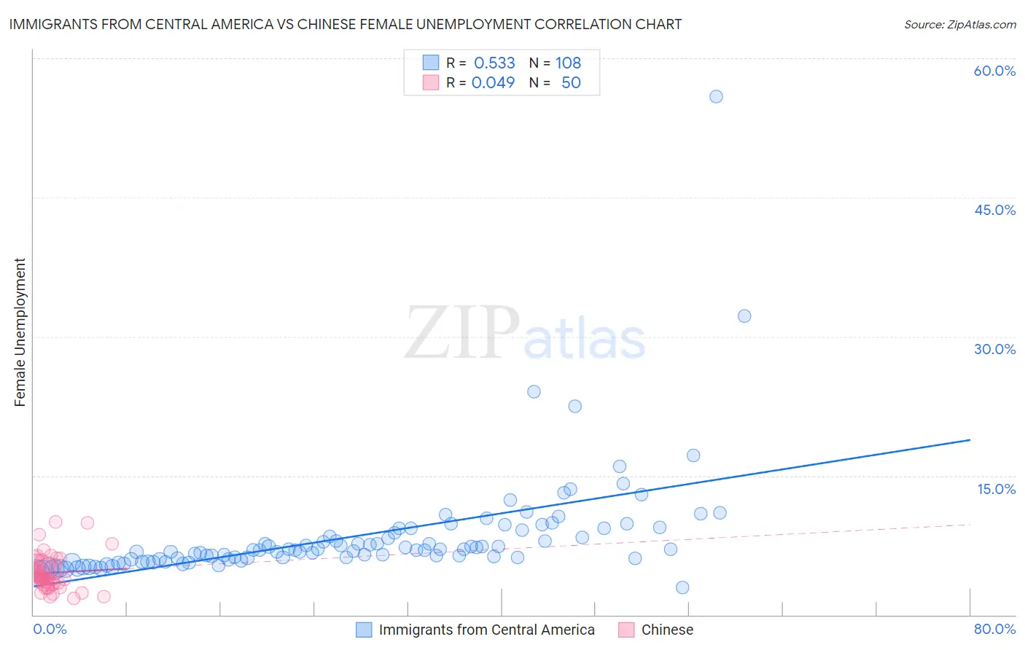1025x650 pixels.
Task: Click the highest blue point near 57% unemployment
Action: (716, 96)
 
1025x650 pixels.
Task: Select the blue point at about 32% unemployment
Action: (744, 316)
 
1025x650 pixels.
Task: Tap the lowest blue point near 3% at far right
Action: (682, 587)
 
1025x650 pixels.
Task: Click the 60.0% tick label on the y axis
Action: (994, 71)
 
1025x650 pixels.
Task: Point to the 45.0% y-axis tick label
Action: (994, 210)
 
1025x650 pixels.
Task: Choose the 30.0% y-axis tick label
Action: (994, 349)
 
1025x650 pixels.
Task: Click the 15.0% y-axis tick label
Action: (996, 489)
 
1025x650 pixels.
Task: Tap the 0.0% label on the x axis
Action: (50, 629)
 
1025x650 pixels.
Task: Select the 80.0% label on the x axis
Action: (994, 629)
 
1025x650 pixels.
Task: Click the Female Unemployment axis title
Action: (20, 332)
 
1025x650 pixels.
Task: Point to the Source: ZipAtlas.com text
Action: (959, 24)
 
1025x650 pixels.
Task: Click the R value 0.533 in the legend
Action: (494, 63)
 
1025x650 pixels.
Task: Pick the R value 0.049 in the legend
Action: (493, 82)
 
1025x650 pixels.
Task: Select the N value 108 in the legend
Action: (568, 63)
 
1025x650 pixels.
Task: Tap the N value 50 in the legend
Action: (571, 82)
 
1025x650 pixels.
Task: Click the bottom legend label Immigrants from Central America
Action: (486, 630)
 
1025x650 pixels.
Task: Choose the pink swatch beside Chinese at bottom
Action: (625, 630)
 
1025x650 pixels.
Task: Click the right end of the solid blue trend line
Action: (969, 440)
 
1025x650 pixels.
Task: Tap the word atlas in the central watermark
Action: (585, 340)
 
